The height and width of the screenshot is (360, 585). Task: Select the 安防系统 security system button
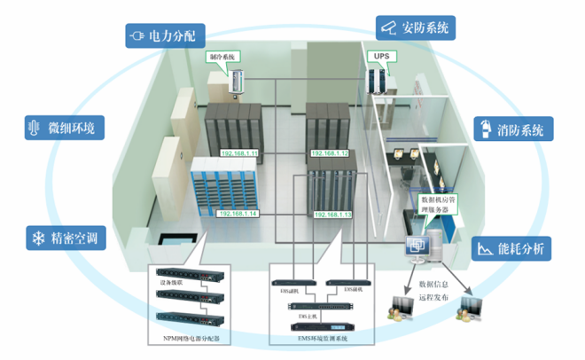[415, 27]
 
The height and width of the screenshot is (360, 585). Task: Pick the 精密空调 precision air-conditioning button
[65, 238]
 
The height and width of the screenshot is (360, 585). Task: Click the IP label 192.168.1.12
[330, 153]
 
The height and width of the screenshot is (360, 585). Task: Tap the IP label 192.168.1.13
[333, 215]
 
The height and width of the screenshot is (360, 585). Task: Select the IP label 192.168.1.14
[238, 215]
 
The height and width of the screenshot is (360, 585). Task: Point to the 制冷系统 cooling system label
[224, 57]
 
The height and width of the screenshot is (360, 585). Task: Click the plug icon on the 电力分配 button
[136, 35]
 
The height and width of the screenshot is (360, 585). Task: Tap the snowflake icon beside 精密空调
[38, 238]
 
